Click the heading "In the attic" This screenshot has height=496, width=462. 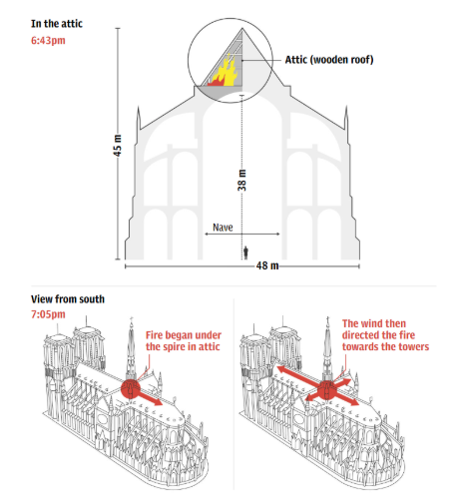(57, 24)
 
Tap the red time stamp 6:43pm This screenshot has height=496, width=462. (48, 41)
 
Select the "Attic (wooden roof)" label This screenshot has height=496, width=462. (329, 60)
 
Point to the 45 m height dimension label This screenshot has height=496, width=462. (117, 146)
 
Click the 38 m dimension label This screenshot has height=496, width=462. (242, 181)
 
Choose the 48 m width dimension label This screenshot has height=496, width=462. (267, 265)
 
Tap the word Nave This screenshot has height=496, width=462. (223, 228)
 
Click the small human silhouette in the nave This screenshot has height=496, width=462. (245, 252)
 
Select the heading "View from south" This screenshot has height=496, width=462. (68, 299)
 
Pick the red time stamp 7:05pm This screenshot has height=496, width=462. (48, 314)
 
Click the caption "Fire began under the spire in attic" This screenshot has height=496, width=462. (184, 340)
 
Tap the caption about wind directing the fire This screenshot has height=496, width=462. (385, 335)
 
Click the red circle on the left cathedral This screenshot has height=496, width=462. (130, 388)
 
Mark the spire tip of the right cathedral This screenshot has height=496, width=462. (327, 317)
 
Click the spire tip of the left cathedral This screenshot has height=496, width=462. (132, 317)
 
